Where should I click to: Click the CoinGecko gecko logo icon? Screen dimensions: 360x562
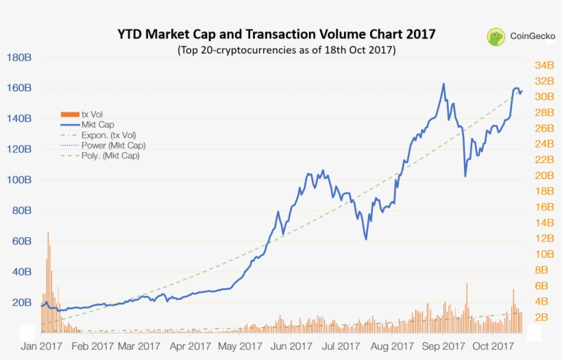497,37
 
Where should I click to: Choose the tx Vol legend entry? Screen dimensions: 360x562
92,114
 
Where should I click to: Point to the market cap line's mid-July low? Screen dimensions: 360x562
366,239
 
